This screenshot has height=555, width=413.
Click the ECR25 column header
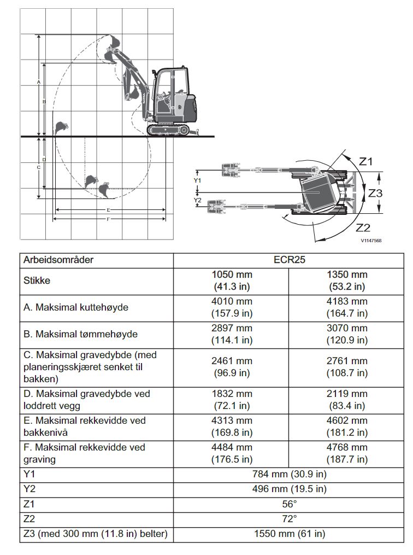[x=289, y=260]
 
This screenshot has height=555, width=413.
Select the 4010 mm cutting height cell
[x=232, y=307]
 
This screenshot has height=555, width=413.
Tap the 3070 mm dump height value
[x=347, y=334]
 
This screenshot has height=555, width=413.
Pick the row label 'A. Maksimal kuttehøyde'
[x=76, y=307]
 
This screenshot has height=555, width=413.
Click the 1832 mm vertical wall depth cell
[x=232, y=399]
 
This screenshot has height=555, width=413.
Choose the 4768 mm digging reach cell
[x=347, y=453]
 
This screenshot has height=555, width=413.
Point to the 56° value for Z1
[x=289, y=504]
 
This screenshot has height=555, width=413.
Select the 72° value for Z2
[x=289, y=518]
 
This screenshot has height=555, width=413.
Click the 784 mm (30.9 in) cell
[x=289, y=474]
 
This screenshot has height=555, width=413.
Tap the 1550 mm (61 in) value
[x=289, y=533]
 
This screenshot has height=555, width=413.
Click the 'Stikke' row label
[x=37, y=281]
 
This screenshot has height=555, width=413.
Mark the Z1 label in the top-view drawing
[x=365, y=161]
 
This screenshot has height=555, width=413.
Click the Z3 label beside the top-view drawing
[x=375, y=193]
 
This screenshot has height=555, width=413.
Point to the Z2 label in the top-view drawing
[x=363, y=227]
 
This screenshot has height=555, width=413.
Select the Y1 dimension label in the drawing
[x=198, y=179]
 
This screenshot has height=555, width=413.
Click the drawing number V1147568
[x=371, y=240]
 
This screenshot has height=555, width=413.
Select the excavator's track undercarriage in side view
[x=168, y=130]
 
